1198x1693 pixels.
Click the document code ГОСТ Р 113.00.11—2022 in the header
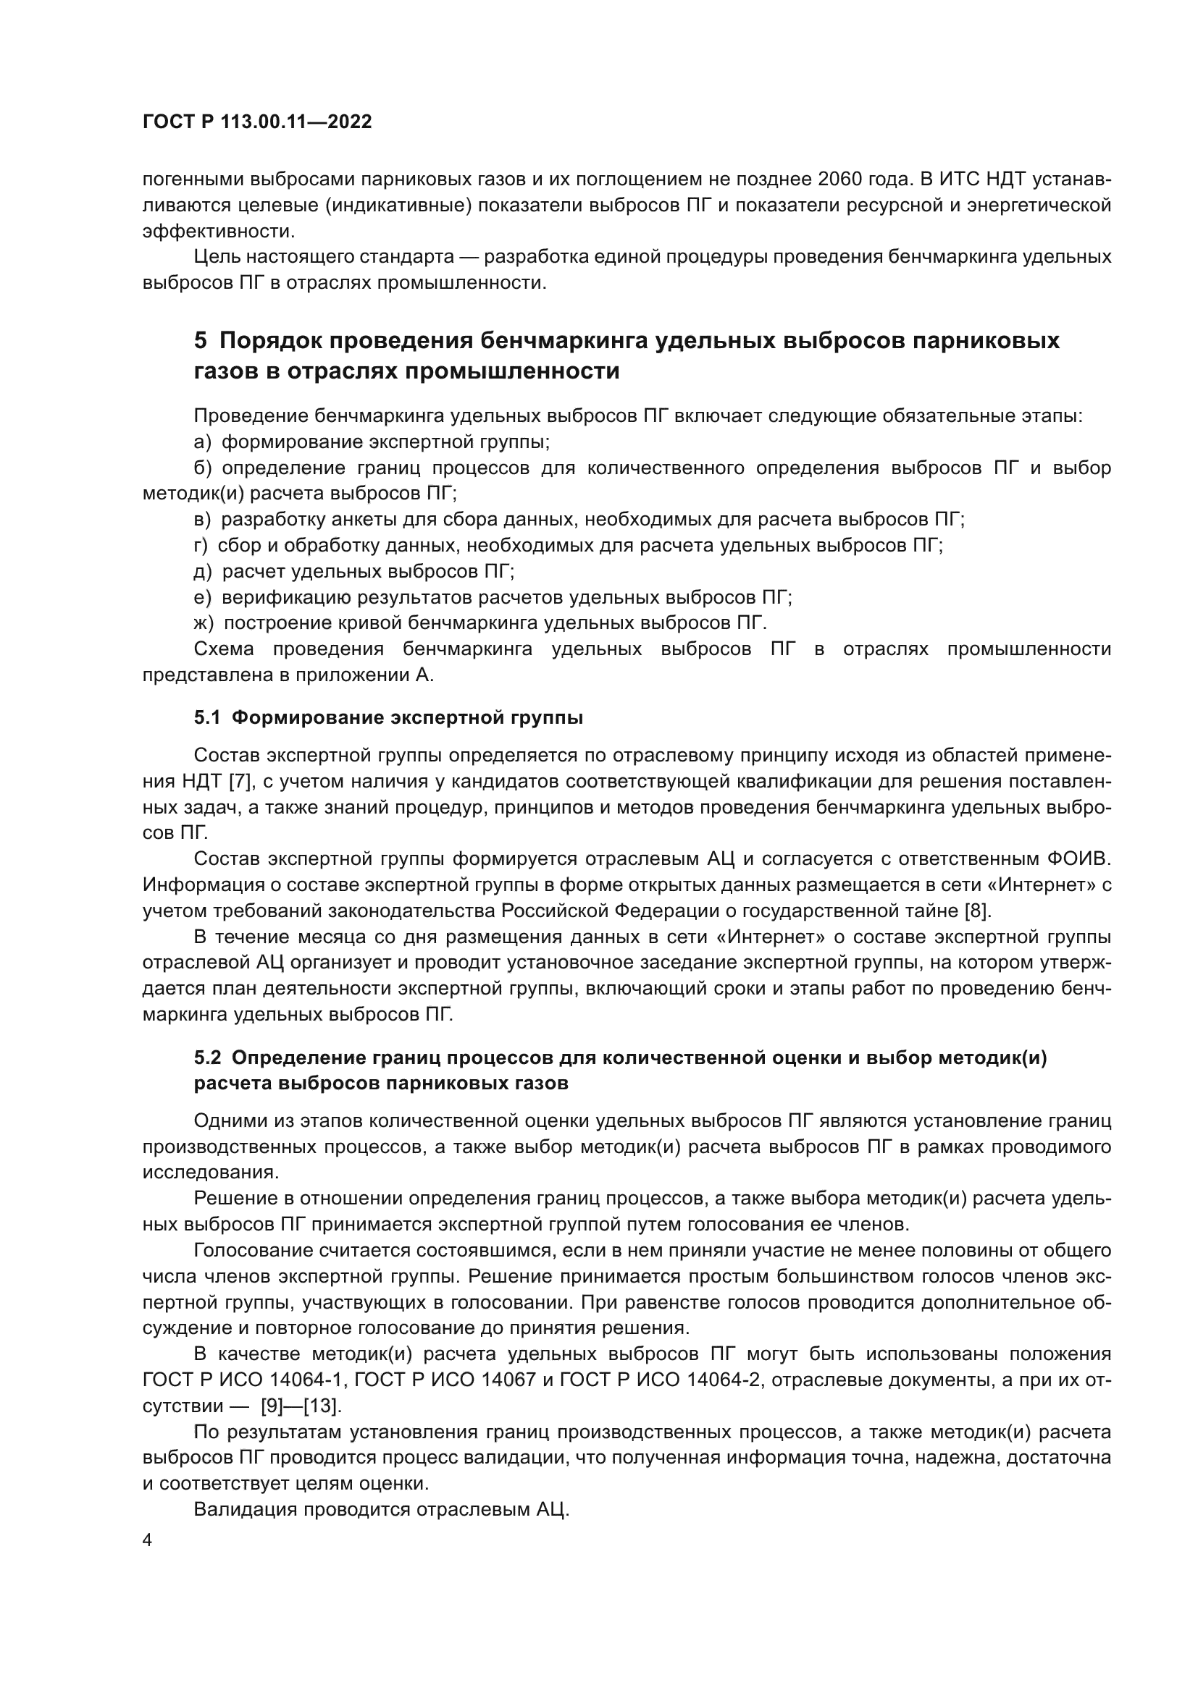[x=256, y=122]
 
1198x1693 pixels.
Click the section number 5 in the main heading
[x=201, y=341]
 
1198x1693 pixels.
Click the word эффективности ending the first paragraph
[x=217, y=232]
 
